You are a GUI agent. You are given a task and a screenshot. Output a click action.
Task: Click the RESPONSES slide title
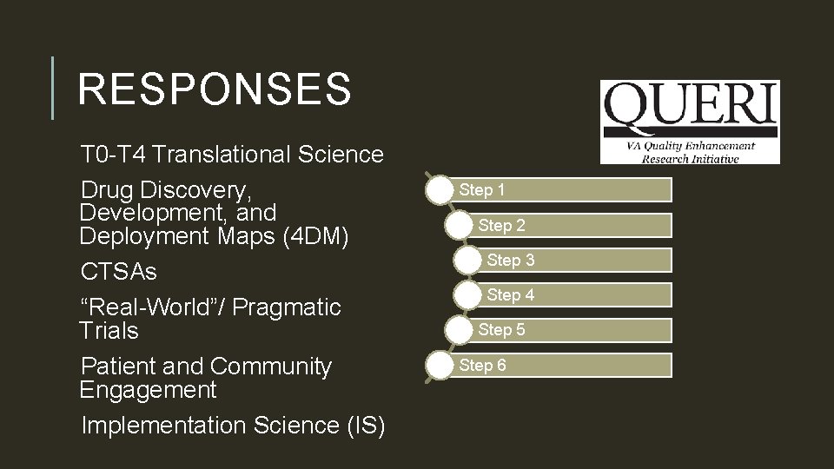214,89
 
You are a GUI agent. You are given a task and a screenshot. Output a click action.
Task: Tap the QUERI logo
690,122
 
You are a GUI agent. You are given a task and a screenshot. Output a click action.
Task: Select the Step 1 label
482,189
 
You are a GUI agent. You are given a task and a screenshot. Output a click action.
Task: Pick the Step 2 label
501,225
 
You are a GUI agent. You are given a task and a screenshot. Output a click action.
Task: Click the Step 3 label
511,260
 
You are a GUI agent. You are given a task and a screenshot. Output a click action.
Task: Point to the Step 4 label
511,294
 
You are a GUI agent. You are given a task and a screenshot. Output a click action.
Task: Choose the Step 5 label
501,329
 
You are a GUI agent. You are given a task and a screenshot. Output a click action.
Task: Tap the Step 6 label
482,365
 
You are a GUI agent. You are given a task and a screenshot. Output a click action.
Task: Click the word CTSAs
119,272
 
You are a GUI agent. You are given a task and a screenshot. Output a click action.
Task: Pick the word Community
271,367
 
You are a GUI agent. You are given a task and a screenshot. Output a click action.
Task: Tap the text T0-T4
109,155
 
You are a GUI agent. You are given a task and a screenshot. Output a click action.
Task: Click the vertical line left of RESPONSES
53,89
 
